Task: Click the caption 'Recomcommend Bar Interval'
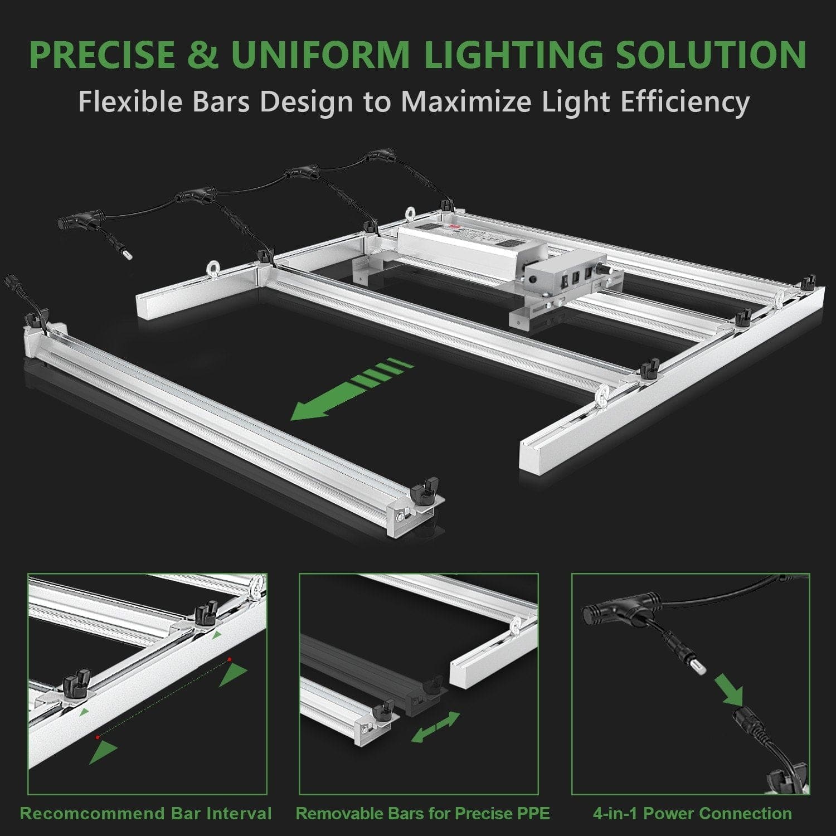click(146, 813)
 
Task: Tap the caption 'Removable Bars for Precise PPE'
click(422, 813)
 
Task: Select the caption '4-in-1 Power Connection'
click(692, 813)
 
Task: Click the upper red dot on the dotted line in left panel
click(229, 660)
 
